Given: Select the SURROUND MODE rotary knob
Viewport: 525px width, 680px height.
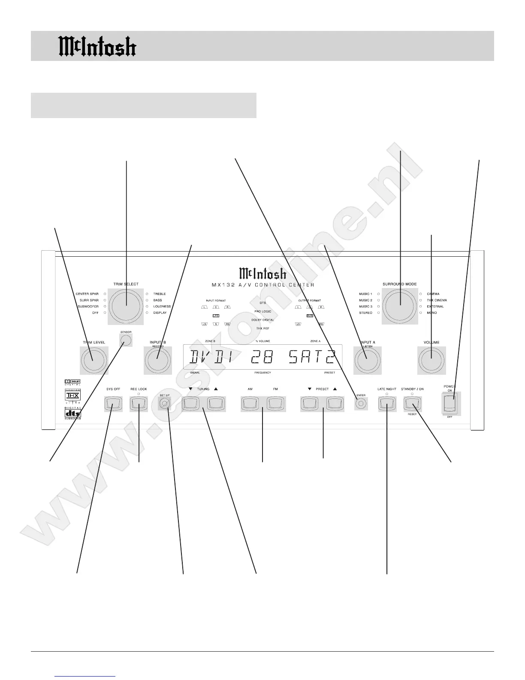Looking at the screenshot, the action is [x=400, y=305].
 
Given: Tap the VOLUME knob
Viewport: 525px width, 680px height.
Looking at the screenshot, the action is [x=431, y=360].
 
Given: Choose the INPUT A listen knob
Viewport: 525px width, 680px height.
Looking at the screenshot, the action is [x=367, y=360].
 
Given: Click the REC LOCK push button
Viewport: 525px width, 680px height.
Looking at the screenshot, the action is [x=139, y=404].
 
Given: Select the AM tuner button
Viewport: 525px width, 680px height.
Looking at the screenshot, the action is [x=250, y=404].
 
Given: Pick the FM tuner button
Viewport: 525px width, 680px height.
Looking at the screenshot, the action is [x=275, y=404].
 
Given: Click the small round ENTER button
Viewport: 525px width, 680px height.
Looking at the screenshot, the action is [x=361, y=404].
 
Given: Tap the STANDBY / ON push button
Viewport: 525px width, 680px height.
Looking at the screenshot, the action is [x=412, y=404].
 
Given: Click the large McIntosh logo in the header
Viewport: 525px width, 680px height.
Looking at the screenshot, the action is [x=97, y=46].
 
